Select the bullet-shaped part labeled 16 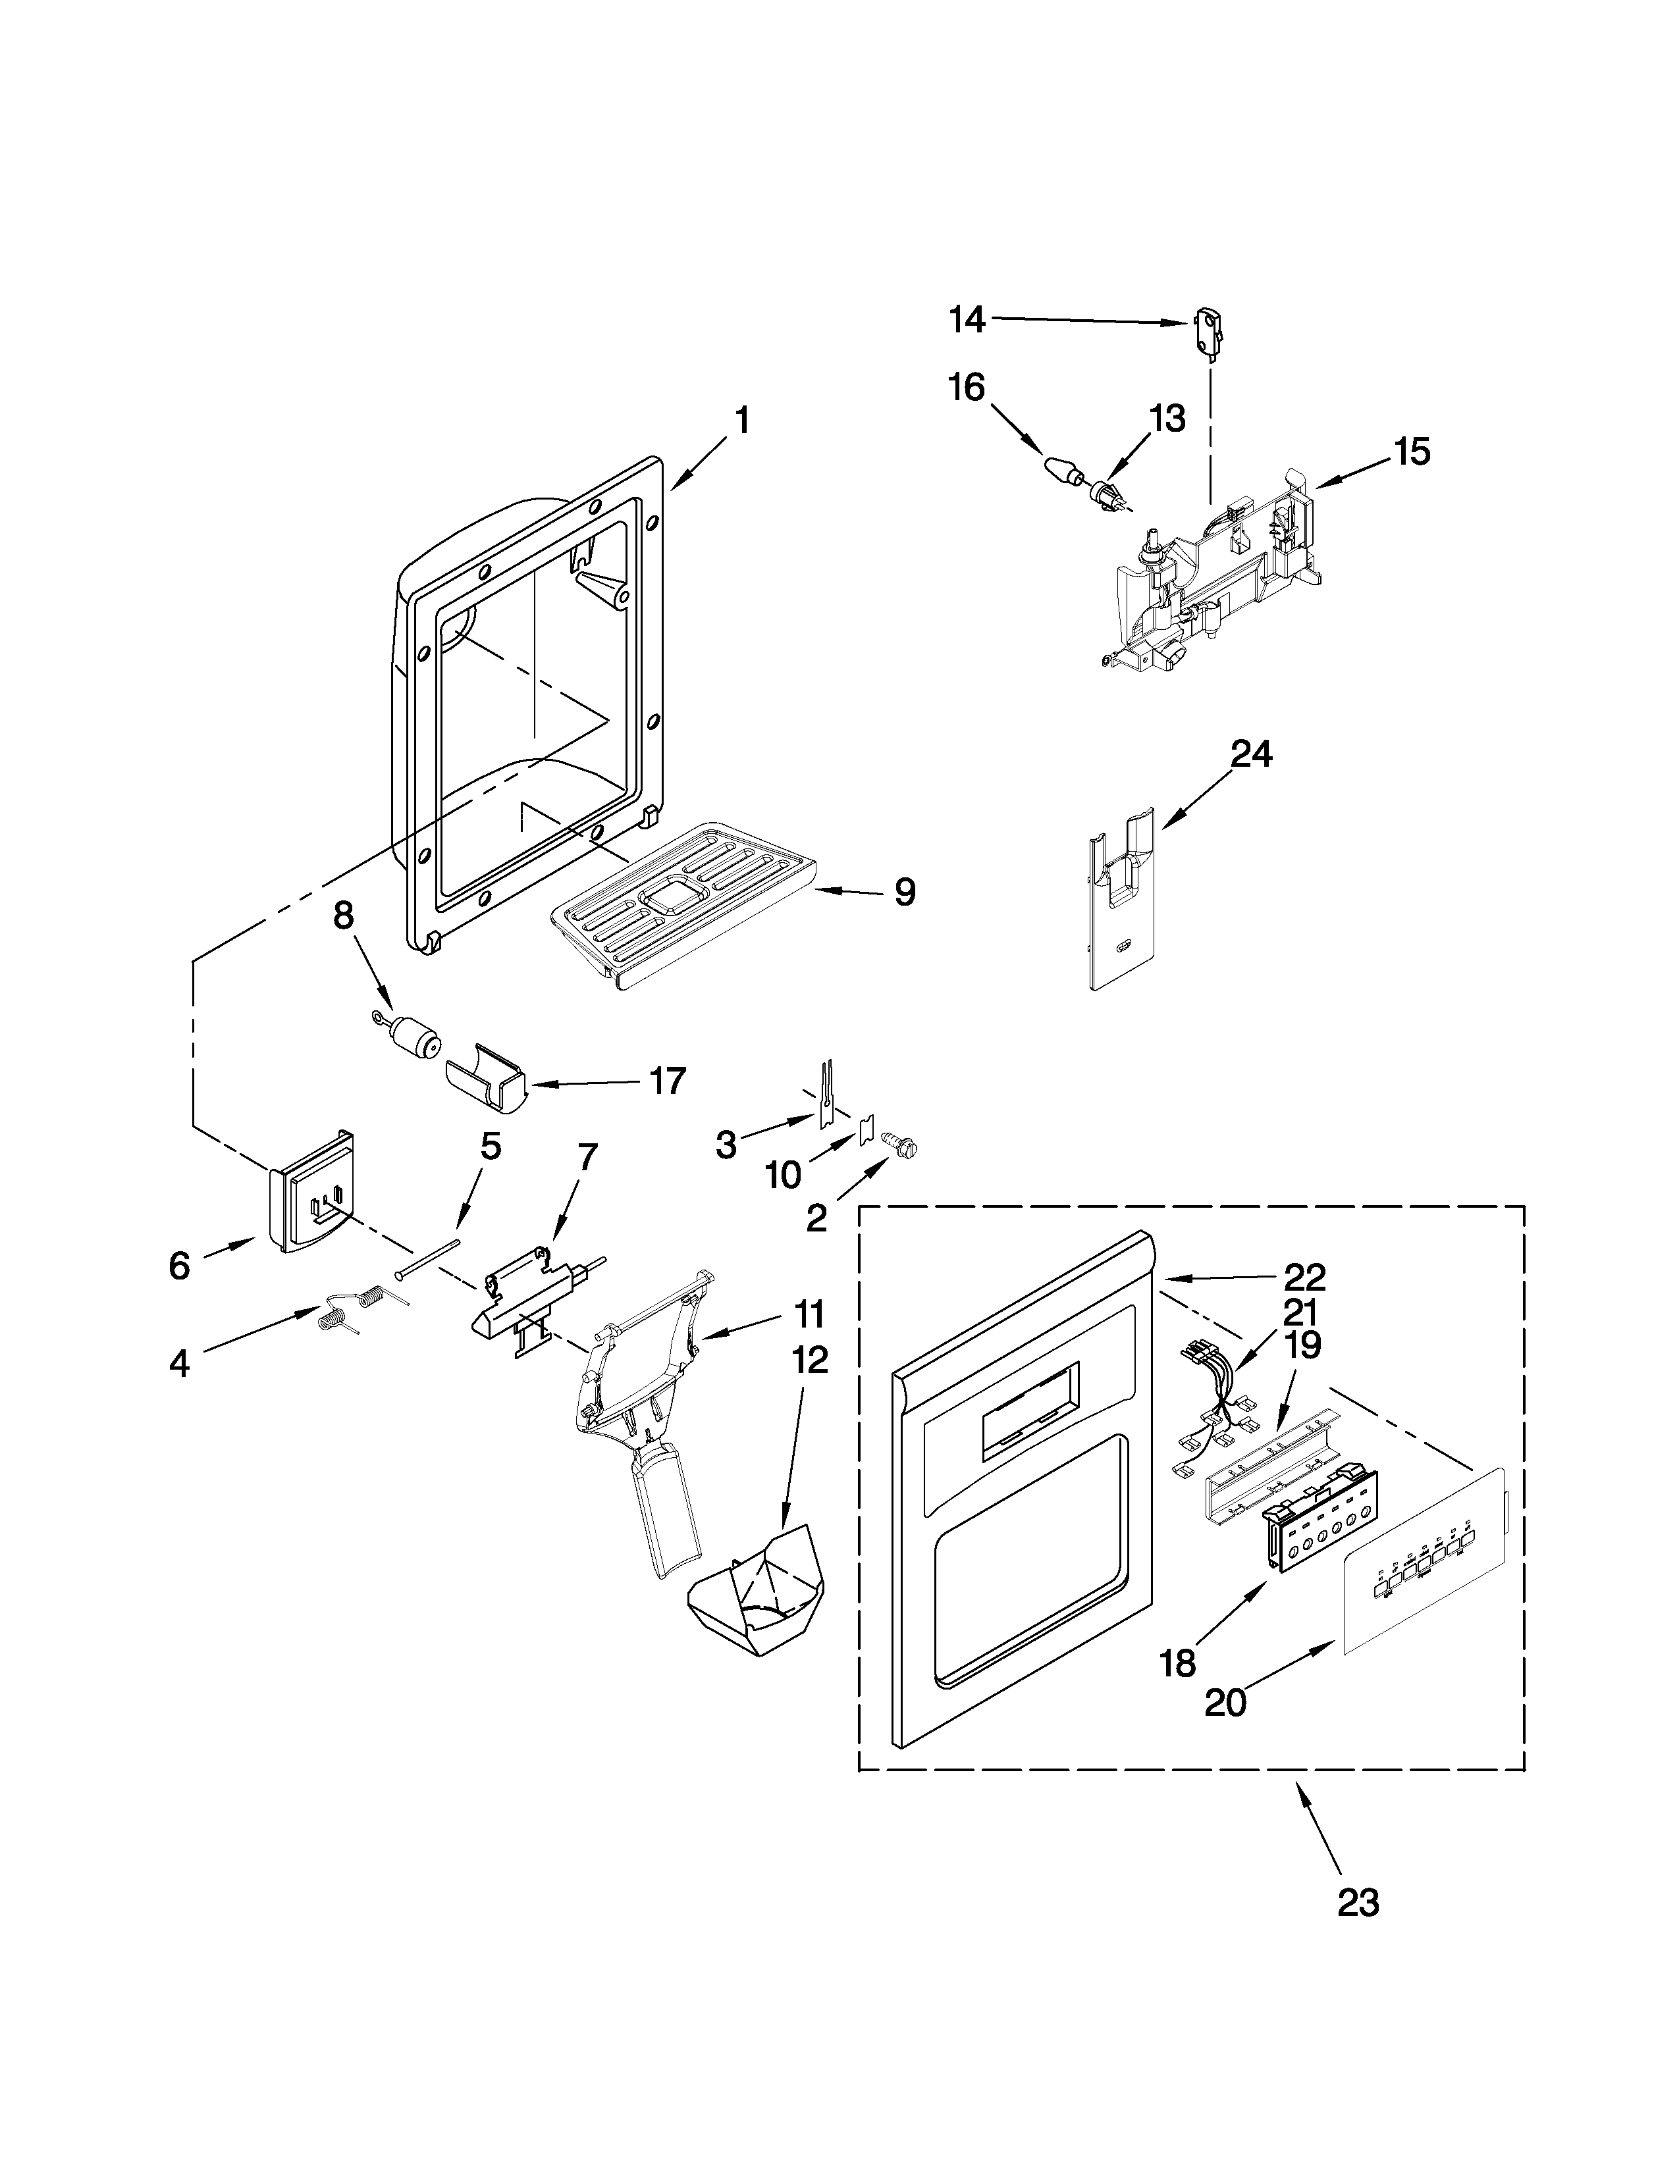click(x=1061, y=469)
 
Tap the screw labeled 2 click(x=906, y=1149)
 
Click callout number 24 click(x=1250, y=755)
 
